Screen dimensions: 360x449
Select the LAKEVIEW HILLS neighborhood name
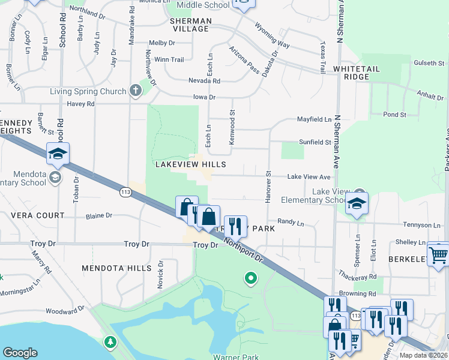click(190, 164)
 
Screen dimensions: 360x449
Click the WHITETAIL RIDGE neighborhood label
click(357, 73)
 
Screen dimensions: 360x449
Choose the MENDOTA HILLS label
click(115, 268)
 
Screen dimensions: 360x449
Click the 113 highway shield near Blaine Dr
click(125, 192)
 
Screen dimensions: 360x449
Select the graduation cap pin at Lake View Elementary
click(357, 204)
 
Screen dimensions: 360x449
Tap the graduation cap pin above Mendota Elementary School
click(58, 154)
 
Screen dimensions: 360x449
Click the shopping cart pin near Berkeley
click(438, 254)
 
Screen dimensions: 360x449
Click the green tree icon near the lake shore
click(110, 342)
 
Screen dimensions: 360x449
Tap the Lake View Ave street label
click(309, 177)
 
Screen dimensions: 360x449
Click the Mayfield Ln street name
click(315, 119)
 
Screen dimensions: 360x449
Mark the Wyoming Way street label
click(272, 37)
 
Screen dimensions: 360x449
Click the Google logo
click(20, 353)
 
